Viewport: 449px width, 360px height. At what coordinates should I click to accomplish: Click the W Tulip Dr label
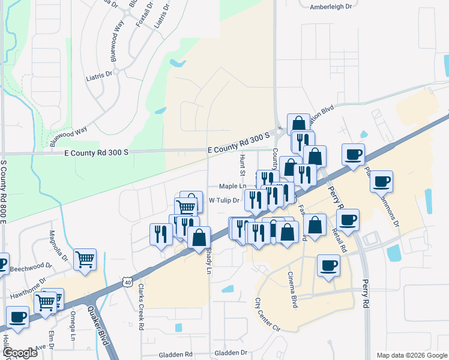[x=224, y=200]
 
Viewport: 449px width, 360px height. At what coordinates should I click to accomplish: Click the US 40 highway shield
[x=125, y=280]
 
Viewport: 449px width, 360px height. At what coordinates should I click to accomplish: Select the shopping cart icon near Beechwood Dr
[x=85, y=259]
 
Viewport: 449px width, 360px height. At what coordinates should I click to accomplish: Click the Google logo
[x=20, y=353]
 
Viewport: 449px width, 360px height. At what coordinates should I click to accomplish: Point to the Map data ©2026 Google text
[x=411, y=355]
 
